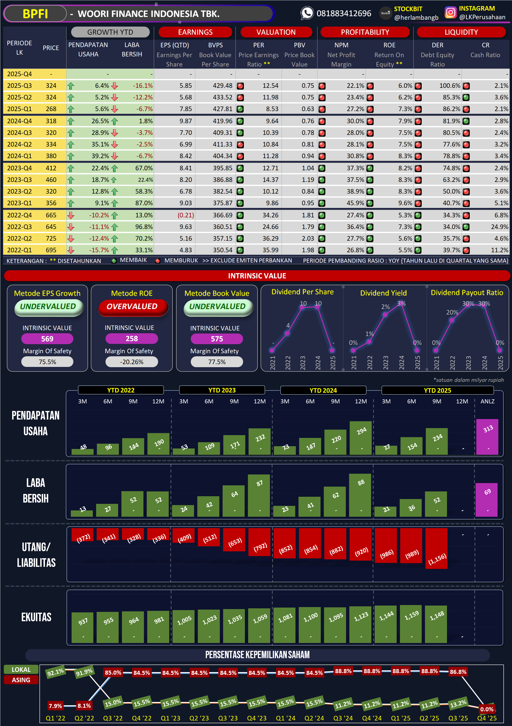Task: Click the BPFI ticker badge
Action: point(35,14)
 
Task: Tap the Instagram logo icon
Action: point(450,13)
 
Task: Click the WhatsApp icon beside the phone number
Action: point(307,13)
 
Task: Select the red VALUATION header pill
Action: point(276,32)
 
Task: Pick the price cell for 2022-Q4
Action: point(51,215)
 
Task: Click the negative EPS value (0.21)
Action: point(185,215)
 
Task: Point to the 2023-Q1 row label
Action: point(19,203)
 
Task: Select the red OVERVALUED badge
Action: point(132,307)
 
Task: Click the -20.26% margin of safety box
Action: point(132,362)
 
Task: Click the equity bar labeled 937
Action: point(82,628)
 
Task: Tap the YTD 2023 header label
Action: point(222,390)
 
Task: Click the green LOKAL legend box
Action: point(21,669)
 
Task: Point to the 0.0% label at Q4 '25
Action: point(487,709)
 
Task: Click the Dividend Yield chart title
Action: point(383,293)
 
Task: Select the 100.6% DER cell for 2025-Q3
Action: point(450,86)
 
